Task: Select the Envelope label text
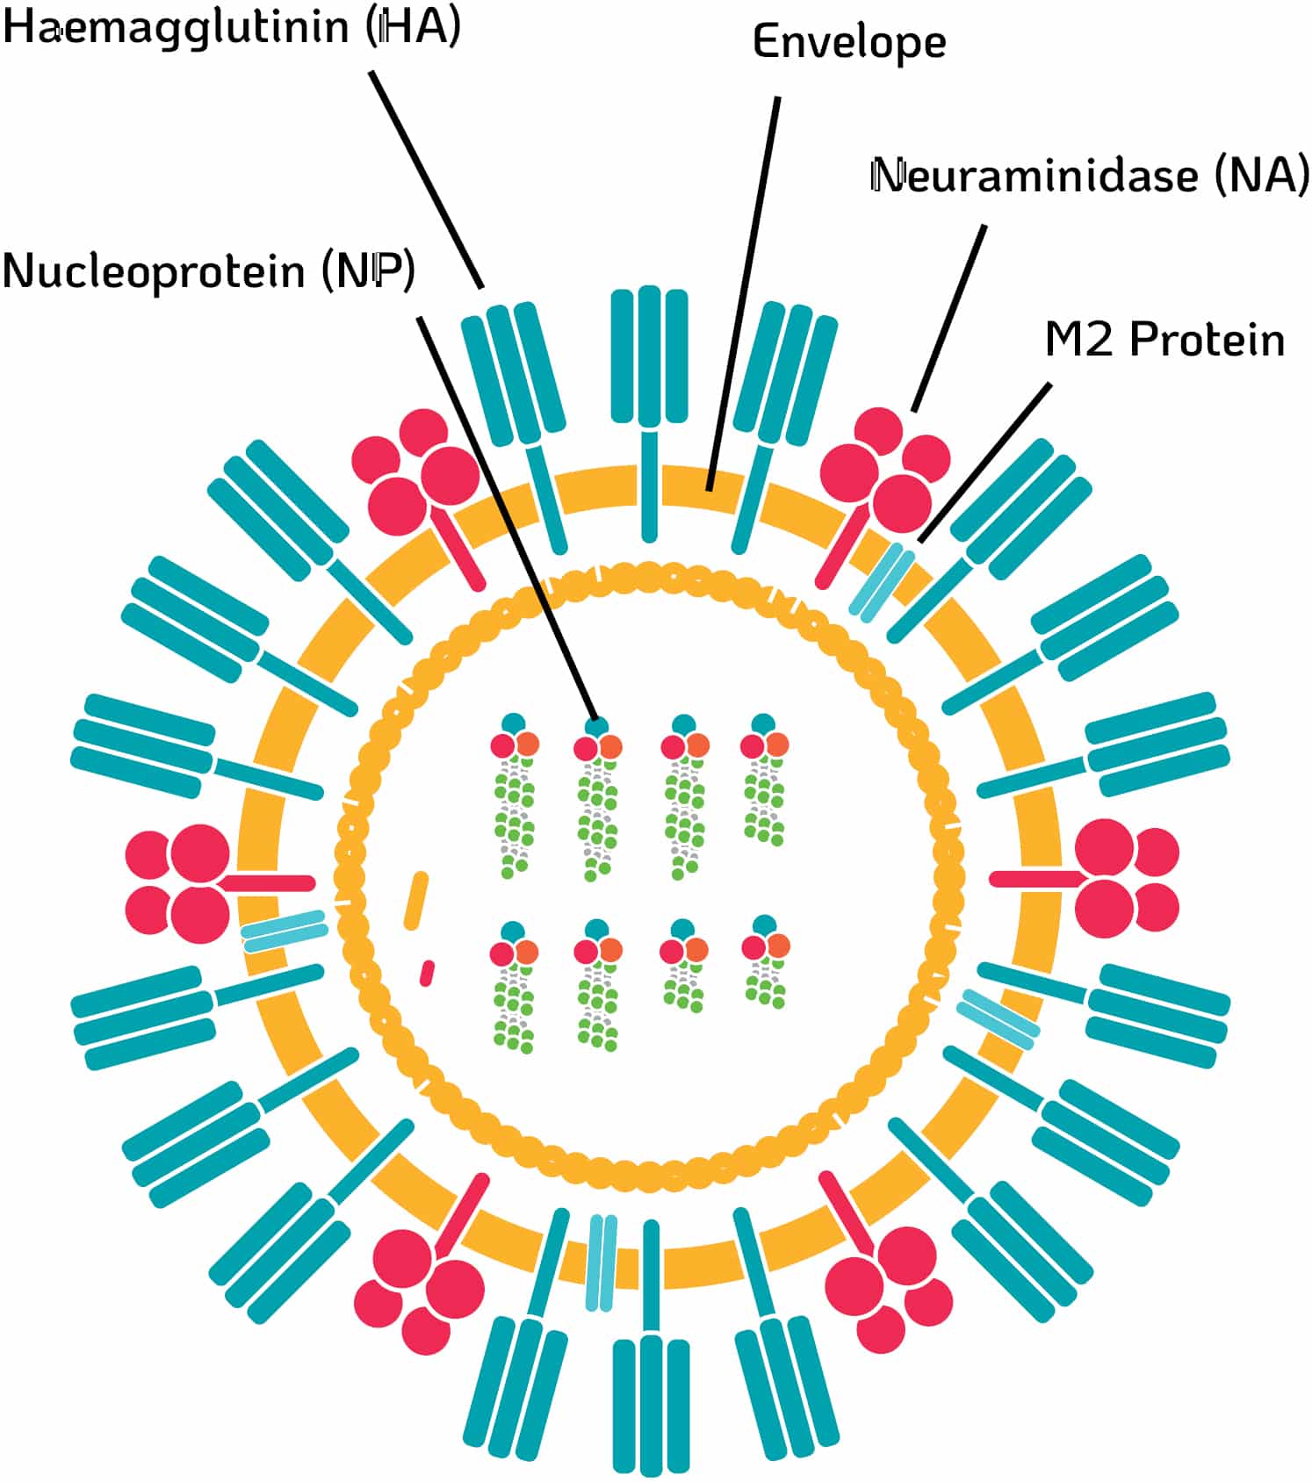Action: [848, 42]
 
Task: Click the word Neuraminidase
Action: [1034, 176]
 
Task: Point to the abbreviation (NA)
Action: [1261, 176]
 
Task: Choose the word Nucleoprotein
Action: [154, 271]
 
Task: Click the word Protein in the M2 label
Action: [1207, 340]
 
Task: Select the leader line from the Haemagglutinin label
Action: [426, 180]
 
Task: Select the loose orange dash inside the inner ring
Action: [415, 900]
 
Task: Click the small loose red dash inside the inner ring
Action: [427, 973]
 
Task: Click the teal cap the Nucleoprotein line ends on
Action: [597, 726]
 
